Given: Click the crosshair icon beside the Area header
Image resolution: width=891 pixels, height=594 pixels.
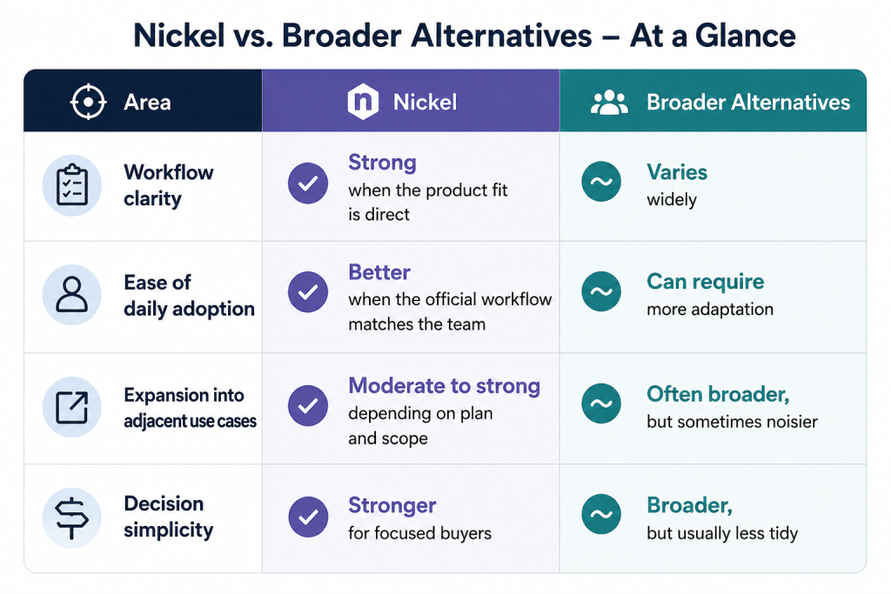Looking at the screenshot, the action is [x=88, y=103].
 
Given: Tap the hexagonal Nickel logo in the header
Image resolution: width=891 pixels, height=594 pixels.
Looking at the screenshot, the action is [x=363, y=102].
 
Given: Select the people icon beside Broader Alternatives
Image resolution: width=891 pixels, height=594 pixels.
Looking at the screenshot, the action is [x=609, y=103].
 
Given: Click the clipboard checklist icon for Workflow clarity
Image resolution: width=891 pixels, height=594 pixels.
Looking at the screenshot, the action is [x=72, y=185].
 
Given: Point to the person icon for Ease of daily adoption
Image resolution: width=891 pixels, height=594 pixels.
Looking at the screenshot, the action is [x=72, y=295].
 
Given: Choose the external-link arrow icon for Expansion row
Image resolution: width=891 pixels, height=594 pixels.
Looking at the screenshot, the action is [x=72, y=407].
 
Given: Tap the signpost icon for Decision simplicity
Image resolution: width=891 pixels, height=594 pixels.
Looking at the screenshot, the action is [x=72, y=517].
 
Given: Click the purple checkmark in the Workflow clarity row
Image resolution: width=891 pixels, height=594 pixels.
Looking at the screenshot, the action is [x=308, y=183].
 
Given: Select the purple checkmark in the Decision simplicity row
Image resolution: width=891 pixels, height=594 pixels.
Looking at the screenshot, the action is [x=308, y=517].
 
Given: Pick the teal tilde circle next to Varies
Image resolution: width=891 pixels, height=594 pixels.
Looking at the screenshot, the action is [x=601, y=182].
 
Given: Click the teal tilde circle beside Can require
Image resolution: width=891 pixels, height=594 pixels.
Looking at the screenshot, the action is [x=601, y=291].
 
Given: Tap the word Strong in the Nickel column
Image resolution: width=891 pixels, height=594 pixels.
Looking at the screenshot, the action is [x=383, y=163].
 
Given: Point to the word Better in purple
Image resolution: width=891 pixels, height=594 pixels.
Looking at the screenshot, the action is [x=379, y=272].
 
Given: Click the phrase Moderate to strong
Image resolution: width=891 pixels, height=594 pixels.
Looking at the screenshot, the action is [x=444, y=386].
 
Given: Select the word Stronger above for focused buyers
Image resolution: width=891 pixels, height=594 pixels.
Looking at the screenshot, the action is [x=392, y=505].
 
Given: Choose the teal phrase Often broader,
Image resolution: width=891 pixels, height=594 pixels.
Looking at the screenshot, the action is [x=718, y=394].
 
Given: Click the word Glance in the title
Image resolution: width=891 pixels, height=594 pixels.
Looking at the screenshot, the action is [x=745, y=36].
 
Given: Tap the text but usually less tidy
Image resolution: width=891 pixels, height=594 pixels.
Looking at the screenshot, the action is [x=722, y=533].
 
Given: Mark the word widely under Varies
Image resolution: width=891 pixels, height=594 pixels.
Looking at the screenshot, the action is [x=672, y=200].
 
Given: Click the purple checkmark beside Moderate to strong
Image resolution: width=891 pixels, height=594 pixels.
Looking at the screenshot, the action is [x=308, y=405].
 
